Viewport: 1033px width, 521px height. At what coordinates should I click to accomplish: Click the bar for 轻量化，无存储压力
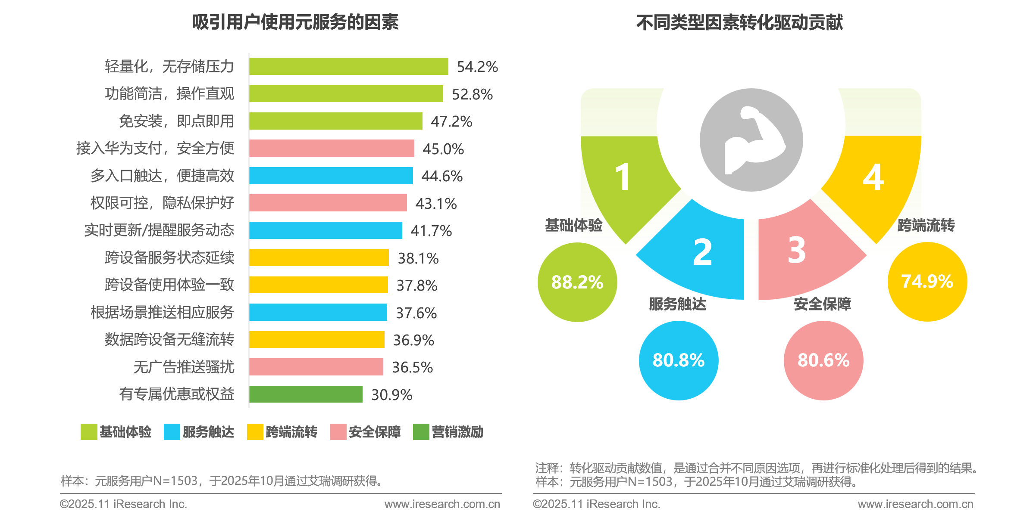[348, 66]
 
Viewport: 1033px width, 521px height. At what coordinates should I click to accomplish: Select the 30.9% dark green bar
[306, 394]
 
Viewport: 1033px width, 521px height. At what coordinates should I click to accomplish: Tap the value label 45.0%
[443, 149]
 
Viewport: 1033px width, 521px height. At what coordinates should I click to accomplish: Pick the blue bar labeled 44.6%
[331, 176]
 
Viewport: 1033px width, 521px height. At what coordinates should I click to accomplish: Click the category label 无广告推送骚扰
[184, 367]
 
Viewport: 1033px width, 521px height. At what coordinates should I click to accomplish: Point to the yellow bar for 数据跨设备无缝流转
[316, 339]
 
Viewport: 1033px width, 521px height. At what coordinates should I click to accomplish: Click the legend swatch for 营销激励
[421, 432]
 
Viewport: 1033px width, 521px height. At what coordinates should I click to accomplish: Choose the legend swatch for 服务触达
[172, 432]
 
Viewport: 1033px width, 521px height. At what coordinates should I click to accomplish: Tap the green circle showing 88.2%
[577, 282]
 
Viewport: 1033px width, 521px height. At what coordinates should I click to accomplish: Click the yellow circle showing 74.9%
[927, 282]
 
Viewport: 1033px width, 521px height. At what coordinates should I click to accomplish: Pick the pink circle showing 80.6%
[823, 360]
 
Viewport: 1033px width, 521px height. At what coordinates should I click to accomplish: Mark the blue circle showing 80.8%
[679, 360]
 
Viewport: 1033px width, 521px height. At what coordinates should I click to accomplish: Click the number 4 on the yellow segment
[873, 177]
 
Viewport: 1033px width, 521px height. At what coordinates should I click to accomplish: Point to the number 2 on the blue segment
[702, 252]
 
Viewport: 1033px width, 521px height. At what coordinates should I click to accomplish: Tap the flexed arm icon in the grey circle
[751, 140]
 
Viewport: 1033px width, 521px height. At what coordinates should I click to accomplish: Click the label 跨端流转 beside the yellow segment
[926, 225]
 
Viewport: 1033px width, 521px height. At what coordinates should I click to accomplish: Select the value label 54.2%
[477, 67]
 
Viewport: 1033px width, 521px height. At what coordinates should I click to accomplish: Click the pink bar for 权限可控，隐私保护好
[328, 203]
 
